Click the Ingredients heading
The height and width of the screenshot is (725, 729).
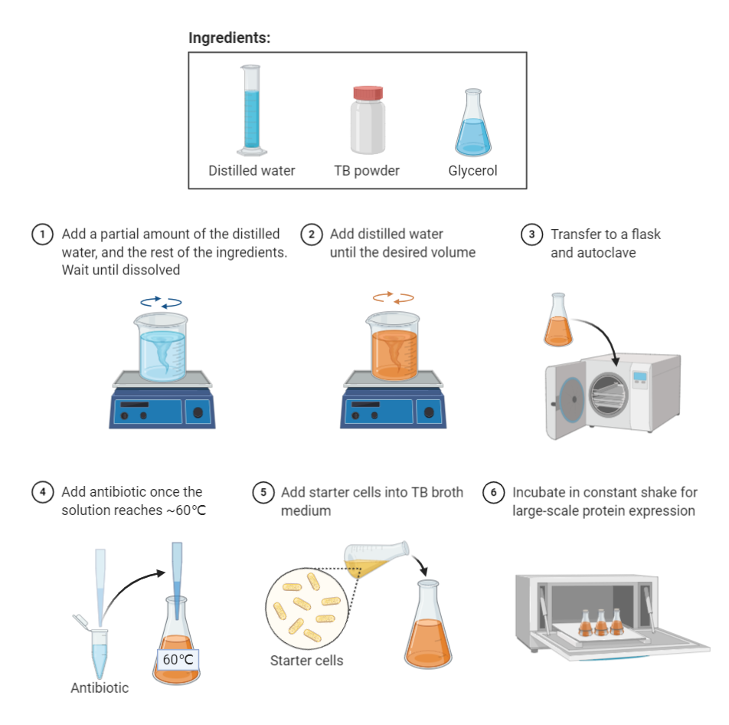tap(229, 38)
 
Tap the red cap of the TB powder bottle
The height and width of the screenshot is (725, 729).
tap(367, 93)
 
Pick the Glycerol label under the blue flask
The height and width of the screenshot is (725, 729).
tap(472, 171)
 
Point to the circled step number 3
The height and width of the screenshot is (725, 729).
tap(531, 235)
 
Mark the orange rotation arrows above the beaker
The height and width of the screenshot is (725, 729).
tap(393, 297)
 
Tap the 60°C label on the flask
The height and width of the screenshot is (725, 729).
tap(179, 658)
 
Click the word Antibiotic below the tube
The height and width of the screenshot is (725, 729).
tap(100, 687)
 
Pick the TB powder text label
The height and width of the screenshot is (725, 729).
tap(367, 171)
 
